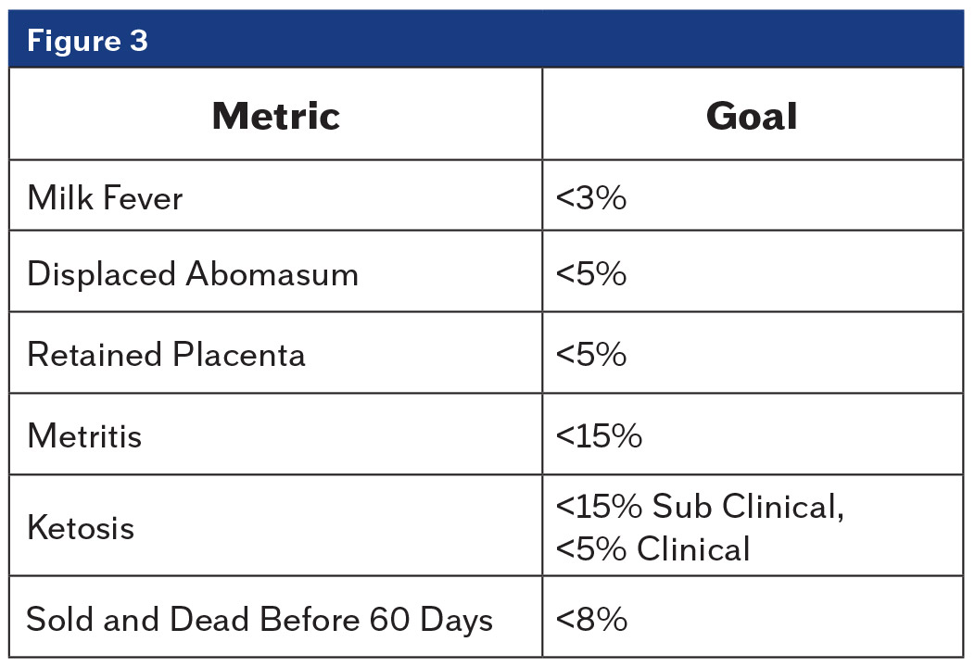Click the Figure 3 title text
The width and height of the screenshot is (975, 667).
click(87, 42)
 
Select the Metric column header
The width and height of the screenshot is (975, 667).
click(275, 116)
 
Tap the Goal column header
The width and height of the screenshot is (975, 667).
click(752, 116)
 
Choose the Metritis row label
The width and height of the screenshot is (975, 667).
click(84, 435)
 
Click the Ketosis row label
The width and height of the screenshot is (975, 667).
click(81, 528)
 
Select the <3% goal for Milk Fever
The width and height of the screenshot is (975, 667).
click(591, 197)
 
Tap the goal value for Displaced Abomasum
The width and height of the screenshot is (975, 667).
click(591, 275)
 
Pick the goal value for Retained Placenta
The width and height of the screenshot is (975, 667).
click(591, 355)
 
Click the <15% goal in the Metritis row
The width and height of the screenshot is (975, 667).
click(599, 435)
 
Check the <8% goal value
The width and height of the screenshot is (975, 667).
click(591, 619)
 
